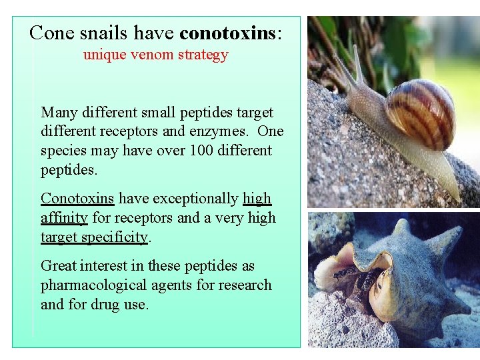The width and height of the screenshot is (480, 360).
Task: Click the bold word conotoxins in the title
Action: click(x=228, y=32)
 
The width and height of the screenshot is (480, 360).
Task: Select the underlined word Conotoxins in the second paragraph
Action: click(x=77, y=199)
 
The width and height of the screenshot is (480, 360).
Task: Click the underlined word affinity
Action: click(x=64, y=217)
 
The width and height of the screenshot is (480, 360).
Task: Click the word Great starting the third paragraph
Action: click(x=59, y=266)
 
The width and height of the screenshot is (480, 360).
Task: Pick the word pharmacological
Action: click(x=89, y=285)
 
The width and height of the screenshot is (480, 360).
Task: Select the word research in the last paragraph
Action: click(x=244, y=285)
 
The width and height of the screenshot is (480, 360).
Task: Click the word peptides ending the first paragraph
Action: click(x=69, y=170)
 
